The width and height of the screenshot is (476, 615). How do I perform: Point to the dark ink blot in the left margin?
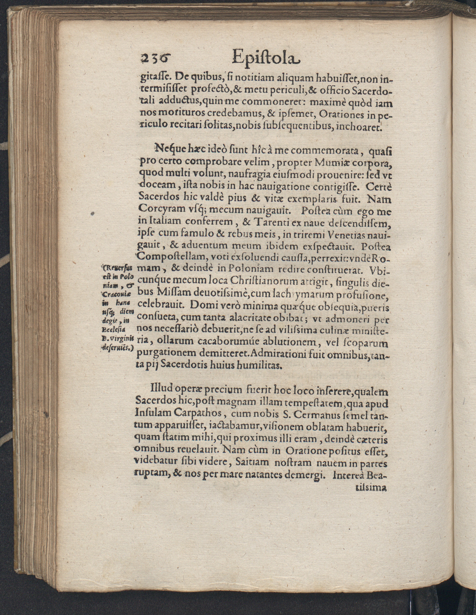pos(93,214)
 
